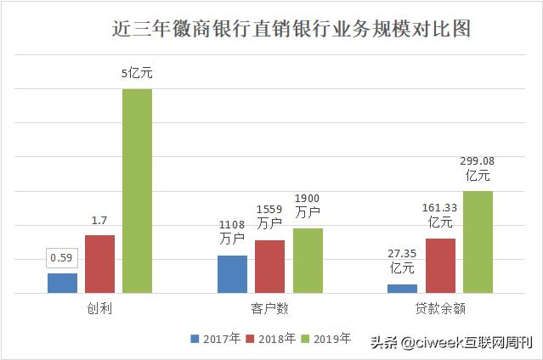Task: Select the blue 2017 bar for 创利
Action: coord(62,284)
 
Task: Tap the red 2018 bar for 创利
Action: coord(99,264)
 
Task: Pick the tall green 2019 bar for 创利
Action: coord(137,191)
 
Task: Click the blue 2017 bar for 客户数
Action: coord(232,274)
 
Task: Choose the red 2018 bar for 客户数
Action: coord(269,267)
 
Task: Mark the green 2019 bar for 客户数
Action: coord(307,261)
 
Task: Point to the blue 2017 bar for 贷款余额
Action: coord(402,289)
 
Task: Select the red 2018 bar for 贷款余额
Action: coord(439,266)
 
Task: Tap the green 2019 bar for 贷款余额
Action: coord(478,242)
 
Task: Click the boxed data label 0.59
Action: coord(62,257)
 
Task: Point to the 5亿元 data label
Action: coord(137,74)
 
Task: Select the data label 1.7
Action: coord(99,221)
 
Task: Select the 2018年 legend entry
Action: coord(271,339)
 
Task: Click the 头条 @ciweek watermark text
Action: coord(450,343)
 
